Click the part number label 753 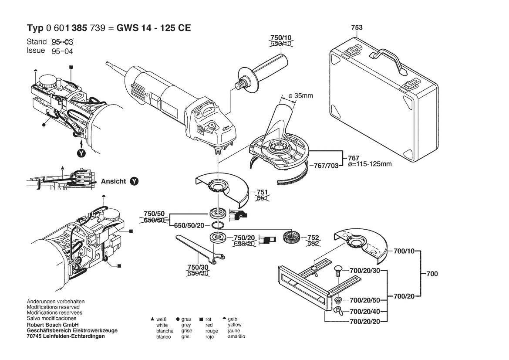[x=357, y=28]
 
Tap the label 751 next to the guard [x=262, y=192]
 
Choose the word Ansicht [x=113, y=181]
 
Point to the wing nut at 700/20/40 [x=337, y=311]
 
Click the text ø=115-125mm [x=370, y=164]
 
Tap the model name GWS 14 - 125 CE [x=154, y=28]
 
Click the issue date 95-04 [x=62, y=51]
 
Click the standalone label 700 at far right [x=432, y=274]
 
